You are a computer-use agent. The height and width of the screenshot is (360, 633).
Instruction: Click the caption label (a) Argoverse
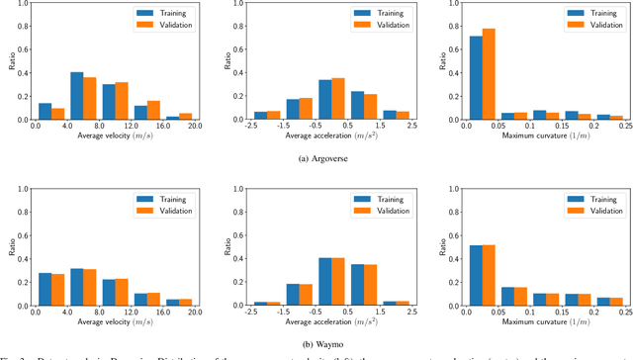click(316, 157)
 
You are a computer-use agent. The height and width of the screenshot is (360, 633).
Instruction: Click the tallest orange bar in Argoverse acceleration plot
click(338, 98)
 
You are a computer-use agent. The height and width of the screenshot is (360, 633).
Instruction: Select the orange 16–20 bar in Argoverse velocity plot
click(187, 116)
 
